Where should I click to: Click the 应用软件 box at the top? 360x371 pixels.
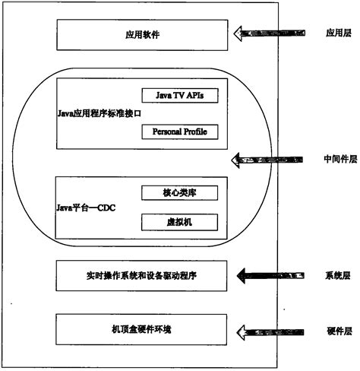tap(142, 34)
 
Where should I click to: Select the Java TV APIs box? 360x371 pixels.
tap(179, 95)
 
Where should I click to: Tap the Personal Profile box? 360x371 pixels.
tap(179, 132)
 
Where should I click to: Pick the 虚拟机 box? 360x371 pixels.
tap(179, 222)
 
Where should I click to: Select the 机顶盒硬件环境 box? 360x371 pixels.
tap(142, 330)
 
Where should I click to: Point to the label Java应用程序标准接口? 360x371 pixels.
tap(99, 113)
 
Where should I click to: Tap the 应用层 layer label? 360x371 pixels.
tap(335, 33)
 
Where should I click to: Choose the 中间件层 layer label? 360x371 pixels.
tap(335, 159)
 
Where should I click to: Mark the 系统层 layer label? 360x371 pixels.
tap(335, 274)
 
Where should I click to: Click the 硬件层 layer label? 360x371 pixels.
tap(335, 331)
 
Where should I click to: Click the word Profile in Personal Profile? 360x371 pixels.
tap(194, 132)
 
